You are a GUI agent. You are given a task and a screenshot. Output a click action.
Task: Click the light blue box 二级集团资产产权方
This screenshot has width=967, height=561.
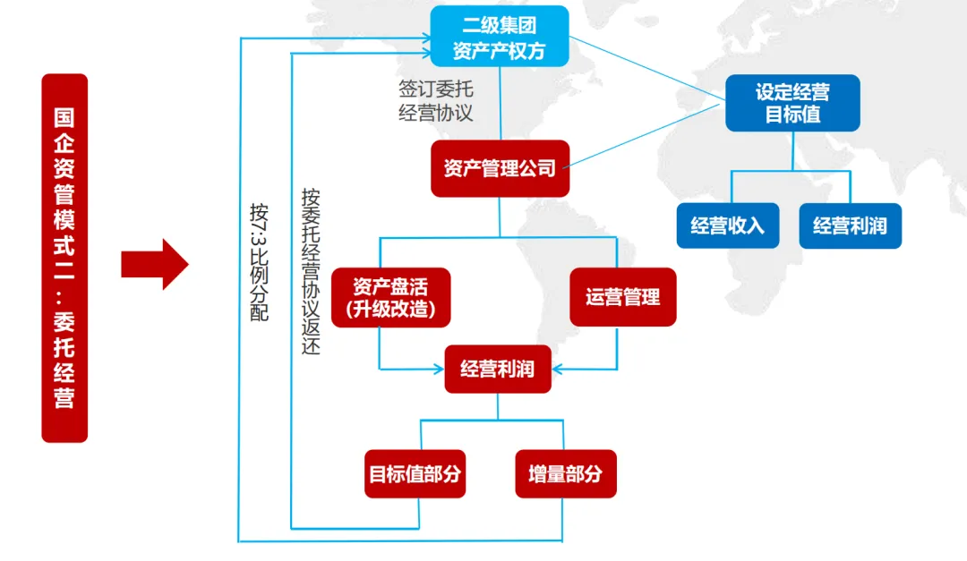[500, 37]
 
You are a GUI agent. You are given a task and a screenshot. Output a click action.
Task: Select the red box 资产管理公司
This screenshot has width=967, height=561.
[500, 168]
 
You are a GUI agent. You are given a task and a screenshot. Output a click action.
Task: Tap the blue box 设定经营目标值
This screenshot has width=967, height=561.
[792, 103]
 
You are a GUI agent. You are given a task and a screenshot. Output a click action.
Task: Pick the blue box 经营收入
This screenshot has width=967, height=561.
[727, 225]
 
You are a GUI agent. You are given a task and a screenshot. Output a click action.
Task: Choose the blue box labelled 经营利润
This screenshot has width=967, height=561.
[850, 225]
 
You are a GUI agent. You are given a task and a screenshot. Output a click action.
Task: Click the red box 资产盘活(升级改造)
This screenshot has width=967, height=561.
[390, 298]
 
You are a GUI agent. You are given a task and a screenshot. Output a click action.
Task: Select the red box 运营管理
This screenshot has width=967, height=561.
[623, 298]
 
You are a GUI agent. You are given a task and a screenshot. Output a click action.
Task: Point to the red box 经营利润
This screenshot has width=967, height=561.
[498, 369]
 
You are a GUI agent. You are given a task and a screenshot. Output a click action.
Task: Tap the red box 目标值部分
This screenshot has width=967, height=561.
[415, 474]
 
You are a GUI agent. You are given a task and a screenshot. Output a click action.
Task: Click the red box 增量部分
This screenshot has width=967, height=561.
[565, 474]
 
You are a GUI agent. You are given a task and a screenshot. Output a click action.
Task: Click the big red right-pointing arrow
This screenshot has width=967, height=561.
[155, 265]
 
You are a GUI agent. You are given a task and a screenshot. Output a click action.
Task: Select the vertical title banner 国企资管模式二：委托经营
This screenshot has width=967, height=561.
[64, 258]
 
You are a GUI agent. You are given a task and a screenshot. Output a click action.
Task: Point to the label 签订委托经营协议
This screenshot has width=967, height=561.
[435, 101]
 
